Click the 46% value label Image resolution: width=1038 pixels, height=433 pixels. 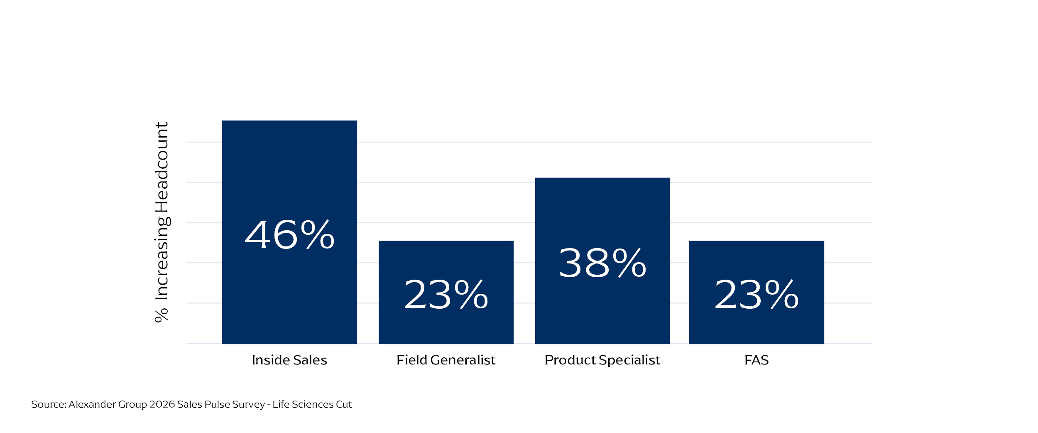[x=289, y=235]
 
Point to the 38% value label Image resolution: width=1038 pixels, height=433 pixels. [x=602, y=263]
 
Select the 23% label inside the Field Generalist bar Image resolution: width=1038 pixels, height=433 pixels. [x=446, y=295]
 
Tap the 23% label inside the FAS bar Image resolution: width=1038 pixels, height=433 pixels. [x=756, y=295]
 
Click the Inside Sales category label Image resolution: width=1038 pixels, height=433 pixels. [x=289, y=360]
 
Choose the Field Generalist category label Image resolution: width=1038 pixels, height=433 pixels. [x=446, y=360]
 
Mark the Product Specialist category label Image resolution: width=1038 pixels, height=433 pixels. [x=602, y=360]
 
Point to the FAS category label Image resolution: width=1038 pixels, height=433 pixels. [x=756, y=360]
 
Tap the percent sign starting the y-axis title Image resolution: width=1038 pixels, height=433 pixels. [x=162, y=315]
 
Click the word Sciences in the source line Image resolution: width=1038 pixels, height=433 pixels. [x=313, y=404]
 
